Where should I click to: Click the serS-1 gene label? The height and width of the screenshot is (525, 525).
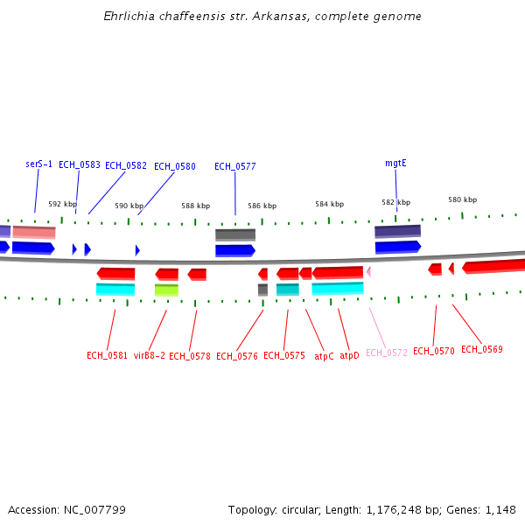[x=38, y=164]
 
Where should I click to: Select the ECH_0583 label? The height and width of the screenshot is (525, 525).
[x=79, y=164]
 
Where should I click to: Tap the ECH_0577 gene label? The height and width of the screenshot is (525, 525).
[x=234, y=166]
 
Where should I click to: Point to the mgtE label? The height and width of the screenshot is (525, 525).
[x=395, y=164]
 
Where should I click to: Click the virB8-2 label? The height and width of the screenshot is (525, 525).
[x=149, y=356]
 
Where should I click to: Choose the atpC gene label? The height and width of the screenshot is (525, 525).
[x=324, y=356]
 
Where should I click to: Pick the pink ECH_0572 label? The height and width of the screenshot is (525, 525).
[x=386, y=353]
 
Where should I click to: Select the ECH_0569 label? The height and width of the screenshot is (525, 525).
[x=481, y=350]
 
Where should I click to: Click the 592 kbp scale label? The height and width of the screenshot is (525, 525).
[x=62, y=204]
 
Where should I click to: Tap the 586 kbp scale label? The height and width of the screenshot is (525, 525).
[x=262, y=206]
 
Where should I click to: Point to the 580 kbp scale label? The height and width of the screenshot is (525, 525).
[x=462, y=199]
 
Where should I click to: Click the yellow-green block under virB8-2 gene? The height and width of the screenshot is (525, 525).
[x=166, y=290]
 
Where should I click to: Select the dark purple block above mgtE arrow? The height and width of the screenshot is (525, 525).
[x=397, y=231]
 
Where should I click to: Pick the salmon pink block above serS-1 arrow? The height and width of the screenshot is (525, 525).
[x=34, y=232]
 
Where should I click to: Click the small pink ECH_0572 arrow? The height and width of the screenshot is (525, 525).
[x=368, y=271]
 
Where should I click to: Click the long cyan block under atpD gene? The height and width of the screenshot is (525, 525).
[x=337, y=288]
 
